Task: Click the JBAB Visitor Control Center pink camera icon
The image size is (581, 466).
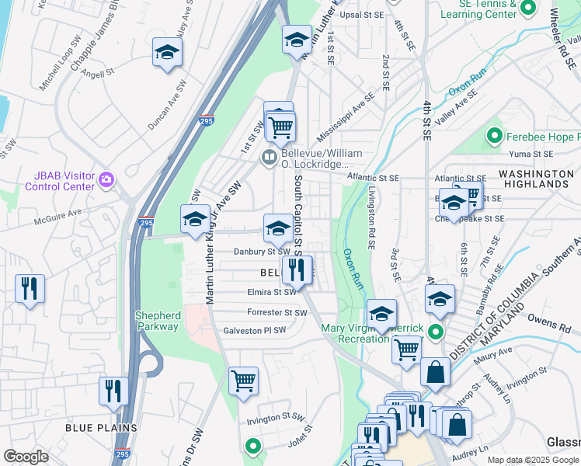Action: coord(106,181)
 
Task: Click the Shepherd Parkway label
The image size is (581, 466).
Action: coord(158,321)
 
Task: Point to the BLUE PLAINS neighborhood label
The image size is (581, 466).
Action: coord(101,428)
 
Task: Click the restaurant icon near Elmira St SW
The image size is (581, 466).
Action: coord(296,270)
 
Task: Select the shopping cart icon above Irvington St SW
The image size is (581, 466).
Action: coord(244,381)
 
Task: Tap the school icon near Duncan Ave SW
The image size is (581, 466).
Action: coord(167,52)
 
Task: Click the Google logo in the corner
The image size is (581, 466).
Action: coord(26,457)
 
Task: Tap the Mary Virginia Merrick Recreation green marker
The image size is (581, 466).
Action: coord(436,332)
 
